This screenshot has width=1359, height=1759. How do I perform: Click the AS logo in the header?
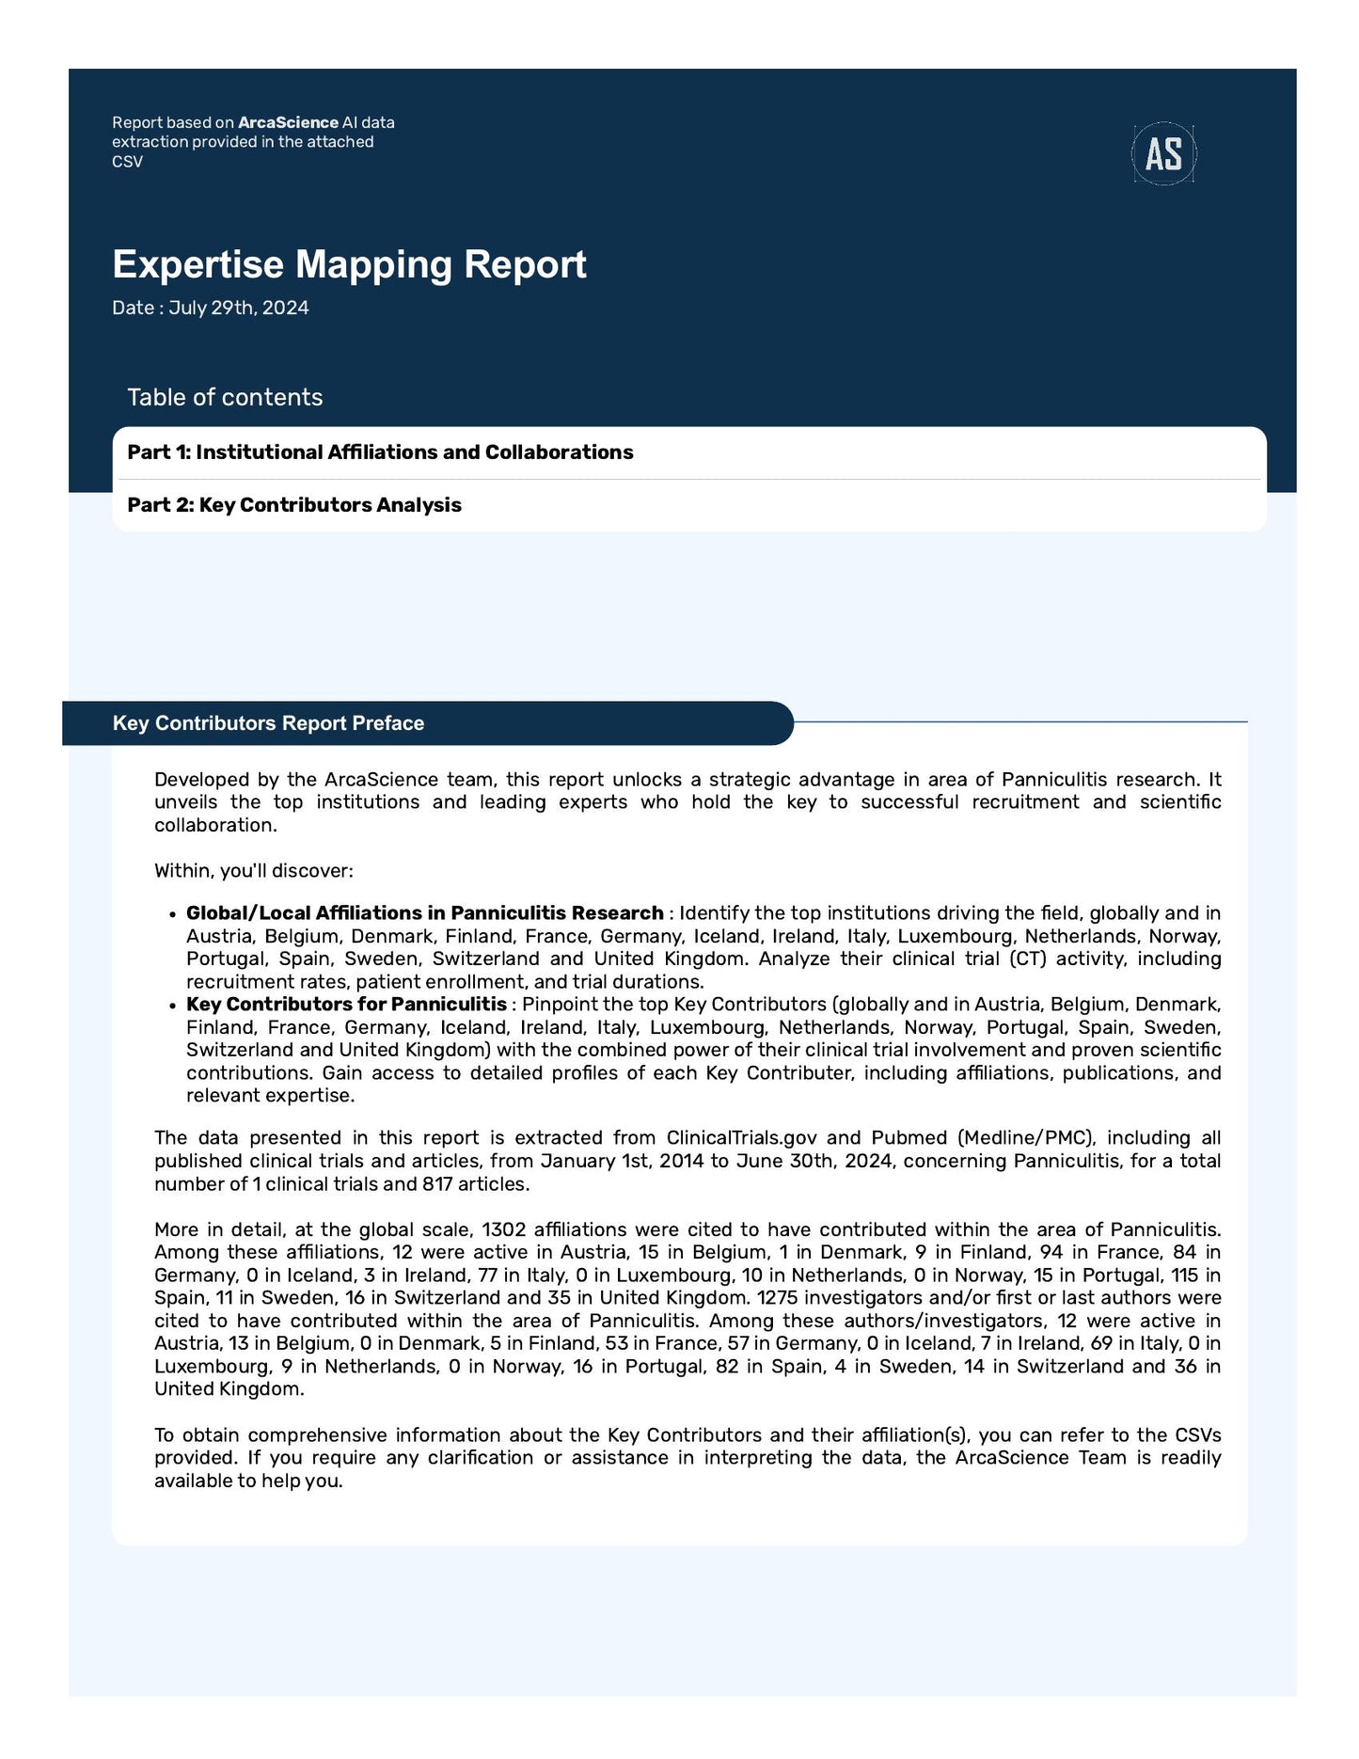pos(1163,153)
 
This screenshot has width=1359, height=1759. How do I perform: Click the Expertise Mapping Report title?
pos(349,264)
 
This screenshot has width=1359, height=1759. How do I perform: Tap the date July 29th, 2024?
pos(238,309)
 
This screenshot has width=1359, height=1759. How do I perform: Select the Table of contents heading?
pos(225,397)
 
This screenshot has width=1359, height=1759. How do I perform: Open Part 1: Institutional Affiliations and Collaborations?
pos(380,452)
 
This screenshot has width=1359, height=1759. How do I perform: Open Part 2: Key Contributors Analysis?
pos(294,505)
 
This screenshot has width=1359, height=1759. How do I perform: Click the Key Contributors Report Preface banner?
pos(268,723)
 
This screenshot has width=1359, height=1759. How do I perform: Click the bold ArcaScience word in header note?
pos(288,122)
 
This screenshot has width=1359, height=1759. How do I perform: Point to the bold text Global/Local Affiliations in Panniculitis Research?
pos(424,913)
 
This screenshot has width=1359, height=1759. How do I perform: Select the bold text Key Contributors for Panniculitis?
pos(346,1005)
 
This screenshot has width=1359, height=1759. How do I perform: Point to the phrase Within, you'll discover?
pos(253,871)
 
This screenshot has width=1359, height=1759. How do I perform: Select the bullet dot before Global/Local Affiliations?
pos(172,914)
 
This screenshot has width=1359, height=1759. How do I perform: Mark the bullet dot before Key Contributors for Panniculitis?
pos(172,1006)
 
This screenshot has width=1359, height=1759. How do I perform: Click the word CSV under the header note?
pos(127,162)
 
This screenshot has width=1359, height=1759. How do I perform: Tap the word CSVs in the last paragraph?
pos(1197,1435)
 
